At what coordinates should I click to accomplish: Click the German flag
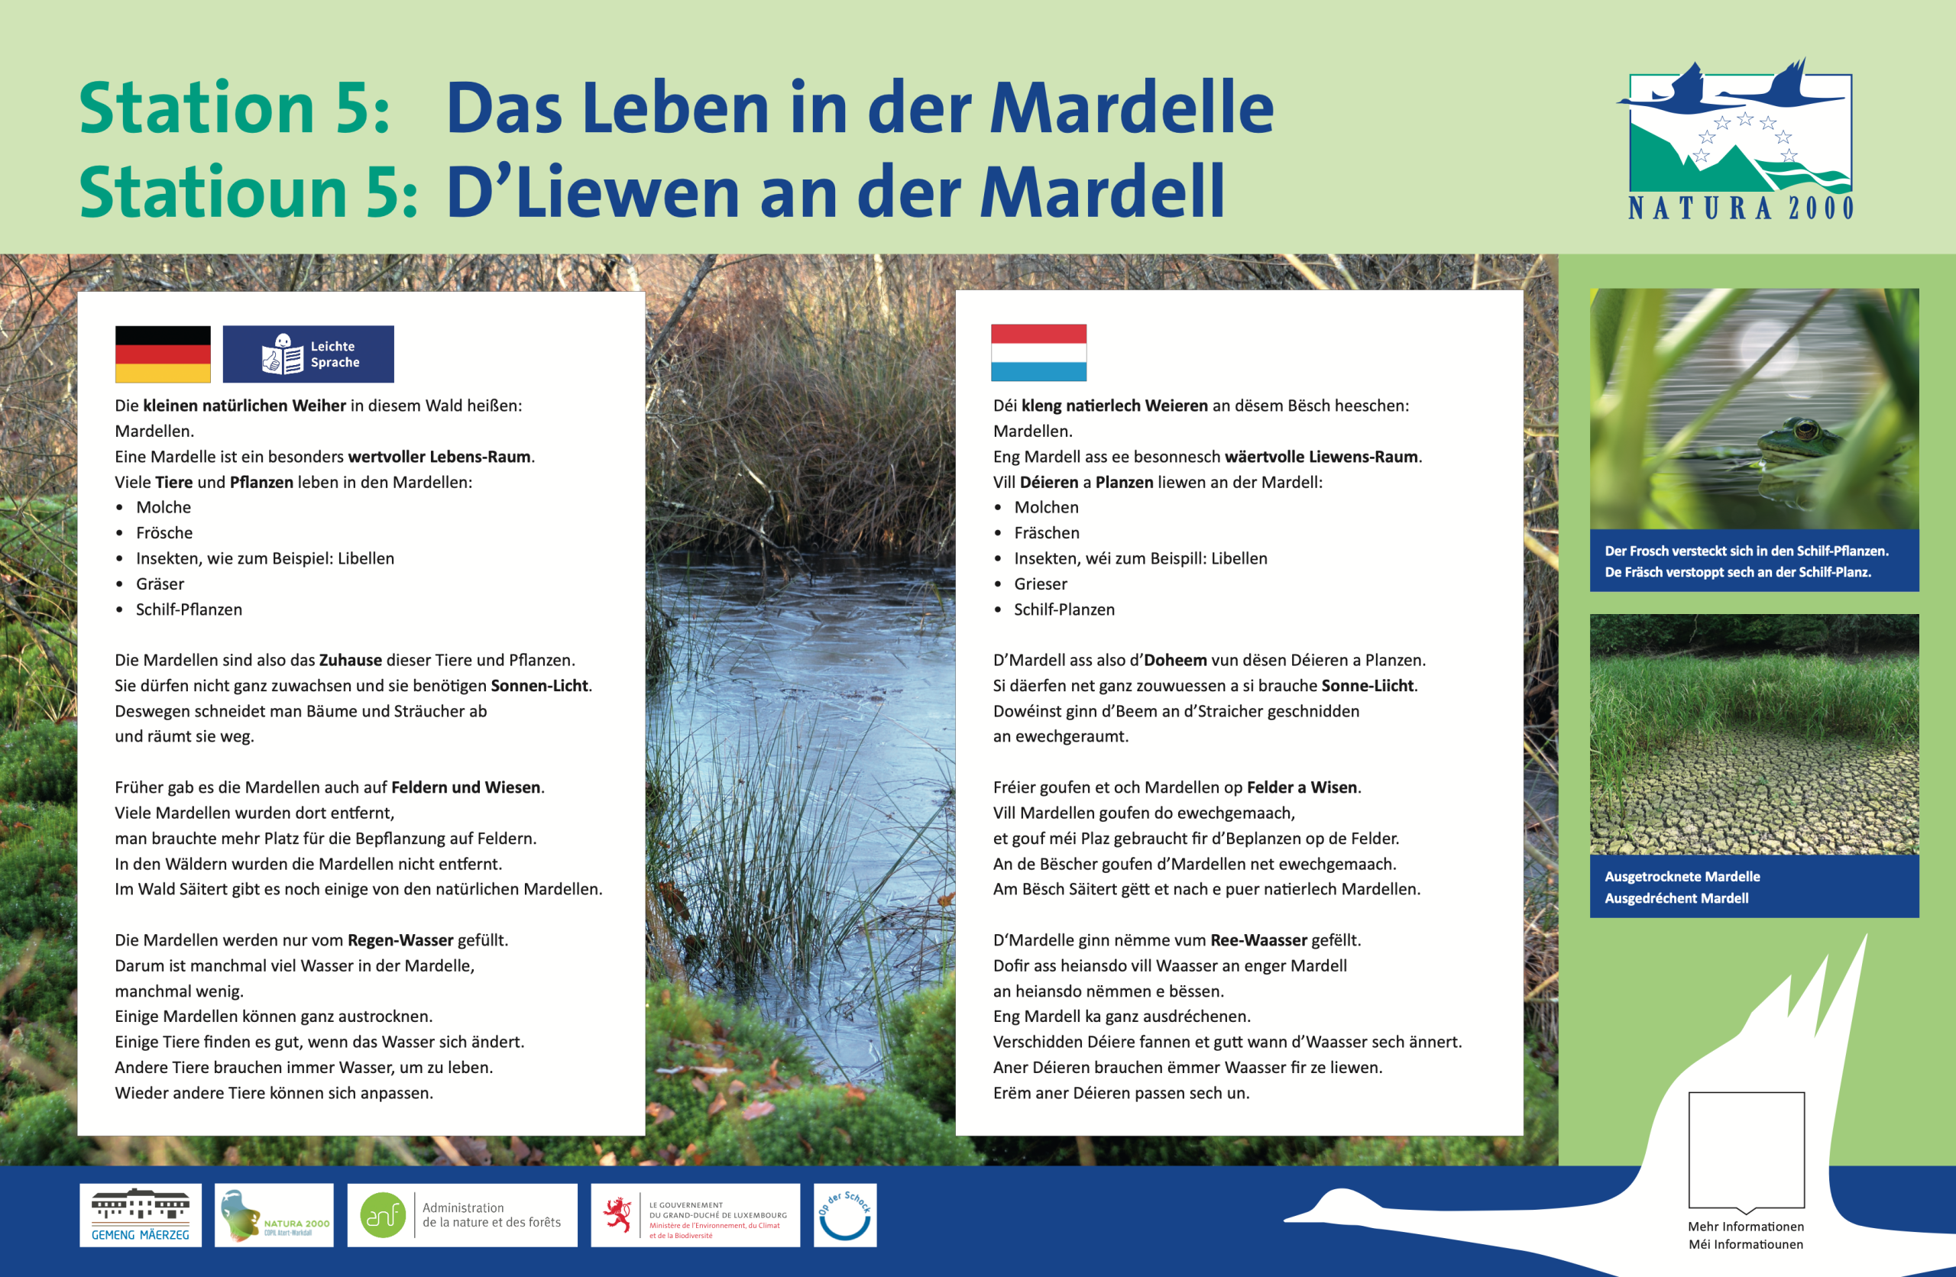click(x=163, y=354)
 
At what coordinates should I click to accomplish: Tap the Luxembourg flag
click(x=1039, y=353)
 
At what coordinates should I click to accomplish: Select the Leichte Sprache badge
click(x=308, y=354)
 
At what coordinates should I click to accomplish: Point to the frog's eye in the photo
click(x=1805, y=428)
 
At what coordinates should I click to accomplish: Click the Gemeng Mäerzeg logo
click(x=141, y=1215)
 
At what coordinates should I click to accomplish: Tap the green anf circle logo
click(x=383, y=1215)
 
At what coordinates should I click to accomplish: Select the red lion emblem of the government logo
click(x=617, y=1214)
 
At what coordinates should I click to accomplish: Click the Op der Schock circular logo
click(x=845, y=1215)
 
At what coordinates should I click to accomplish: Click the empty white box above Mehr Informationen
click(x=1747, y=1150)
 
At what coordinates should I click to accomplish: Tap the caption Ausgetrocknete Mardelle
click(x=1682, y=877)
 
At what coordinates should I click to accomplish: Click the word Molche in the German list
click(x=164, y=507)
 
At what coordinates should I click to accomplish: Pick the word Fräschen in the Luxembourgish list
click(x=1046, y=532)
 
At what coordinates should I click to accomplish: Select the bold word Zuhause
click(x=350, y=660)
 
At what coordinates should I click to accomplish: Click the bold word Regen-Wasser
click(x=400, y=940)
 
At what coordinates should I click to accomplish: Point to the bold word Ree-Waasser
click(x=1259, y=940)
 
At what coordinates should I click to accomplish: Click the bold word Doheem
click(x=1176, y=660)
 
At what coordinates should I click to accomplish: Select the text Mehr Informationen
click(x=1747, y=1226)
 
